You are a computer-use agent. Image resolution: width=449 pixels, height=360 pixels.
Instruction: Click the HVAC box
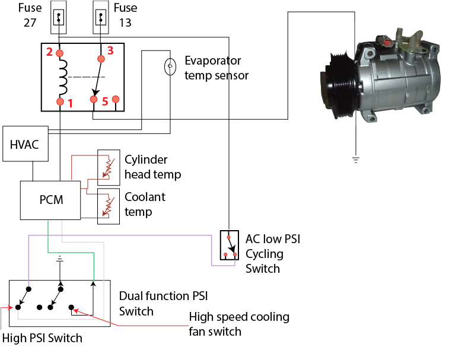(24, 144)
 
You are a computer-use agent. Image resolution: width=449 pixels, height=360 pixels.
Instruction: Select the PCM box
(50, 200)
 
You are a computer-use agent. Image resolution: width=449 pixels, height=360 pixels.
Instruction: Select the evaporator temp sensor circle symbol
(170, 66)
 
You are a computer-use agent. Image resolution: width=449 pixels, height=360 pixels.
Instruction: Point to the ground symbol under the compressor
(355, 159)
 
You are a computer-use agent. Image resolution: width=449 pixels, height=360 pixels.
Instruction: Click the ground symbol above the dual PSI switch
(59, 259)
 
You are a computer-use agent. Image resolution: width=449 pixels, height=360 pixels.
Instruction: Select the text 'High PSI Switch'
(42, 338)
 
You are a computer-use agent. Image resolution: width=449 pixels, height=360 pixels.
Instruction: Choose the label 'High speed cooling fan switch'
(239, 324)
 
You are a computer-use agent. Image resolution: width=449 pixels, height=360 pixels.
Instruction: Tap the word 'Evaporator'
(213, 60)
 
